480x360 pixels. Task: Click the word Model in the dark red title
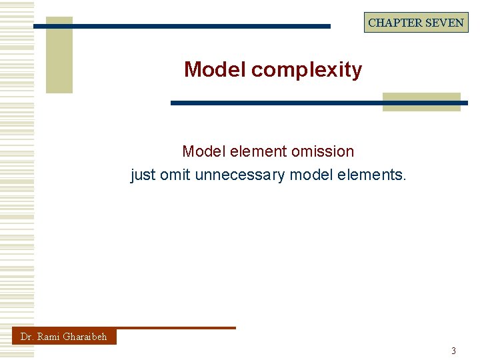(x=215, y=69)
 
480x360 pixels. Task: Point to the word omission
(x=323, y=151)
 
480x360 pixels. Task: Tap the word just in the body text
(x=143, y=175)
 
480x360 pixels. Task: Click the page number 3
(x=454, y=351)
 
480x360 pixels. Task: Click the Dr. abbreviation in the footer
(x=27, y=337)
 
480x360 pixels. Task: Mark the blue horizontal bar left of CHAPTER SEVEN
(x=182, y=27)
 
